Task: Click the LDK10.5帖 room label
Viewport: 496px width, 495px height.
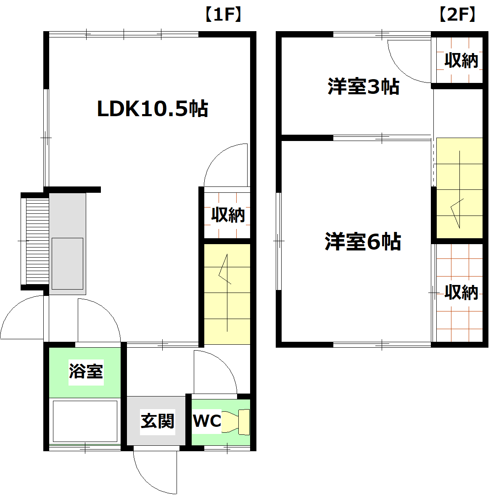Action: [x=153, y=109]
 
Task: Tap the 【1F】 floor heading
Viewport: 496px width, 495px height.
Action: [x=223, y=15]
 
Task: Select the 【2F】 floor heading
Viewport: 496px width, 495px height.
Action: [x=457, y=15]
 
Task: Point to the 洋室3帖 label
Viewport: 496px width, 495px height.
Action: [x=363, y=87]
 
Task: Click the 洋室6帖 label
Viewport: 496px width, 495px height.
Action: [x=363, y=242]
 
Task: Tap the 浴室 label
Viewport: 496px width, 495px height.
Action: [x=86, y=371]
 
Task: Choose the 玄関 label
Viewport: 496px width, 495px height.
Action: [x=157, y=420]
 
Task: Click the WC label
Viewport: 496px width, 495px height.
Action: [x=207, y=420]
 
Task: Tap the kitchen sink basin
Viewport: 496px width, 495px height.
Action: [x=67, y=263]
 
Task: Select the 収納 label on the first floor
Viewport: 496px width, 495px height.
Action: [x=228, y=215]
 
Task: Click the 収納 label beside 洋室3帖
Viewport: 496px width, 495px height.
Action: [x=461, y=61]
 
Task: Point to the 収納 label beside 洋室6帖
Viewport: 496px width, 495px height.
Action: [x=461, y=292]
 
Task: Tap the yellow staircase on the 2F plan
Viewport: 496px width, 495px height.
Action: [x=459, y=188]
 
